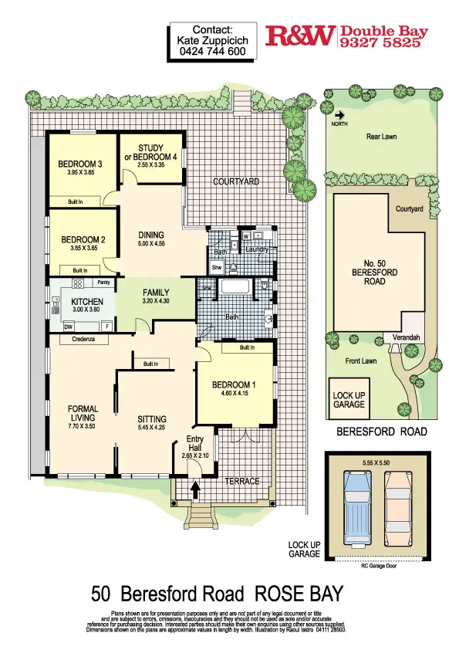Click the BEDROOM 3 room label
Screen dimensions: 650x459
point(80,164)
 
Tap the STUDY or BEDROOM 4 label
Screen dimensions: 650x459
point(151,152)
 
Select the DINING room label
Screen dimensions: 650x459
point(151,235)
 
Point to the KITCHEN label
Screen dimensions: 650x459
point(87,301)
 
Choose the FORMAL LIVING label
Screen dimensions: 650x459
point(83,414)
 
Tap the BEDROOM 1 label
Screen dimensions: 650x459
point(232,384)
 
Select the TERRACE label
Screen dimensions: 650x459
point(241,481)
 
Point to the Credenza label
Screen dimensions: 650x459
point(83,339)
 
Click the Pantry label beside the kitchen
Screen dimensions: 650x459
point(105,283)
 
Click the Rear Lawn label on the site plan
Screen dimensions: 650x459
point(381,137)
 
